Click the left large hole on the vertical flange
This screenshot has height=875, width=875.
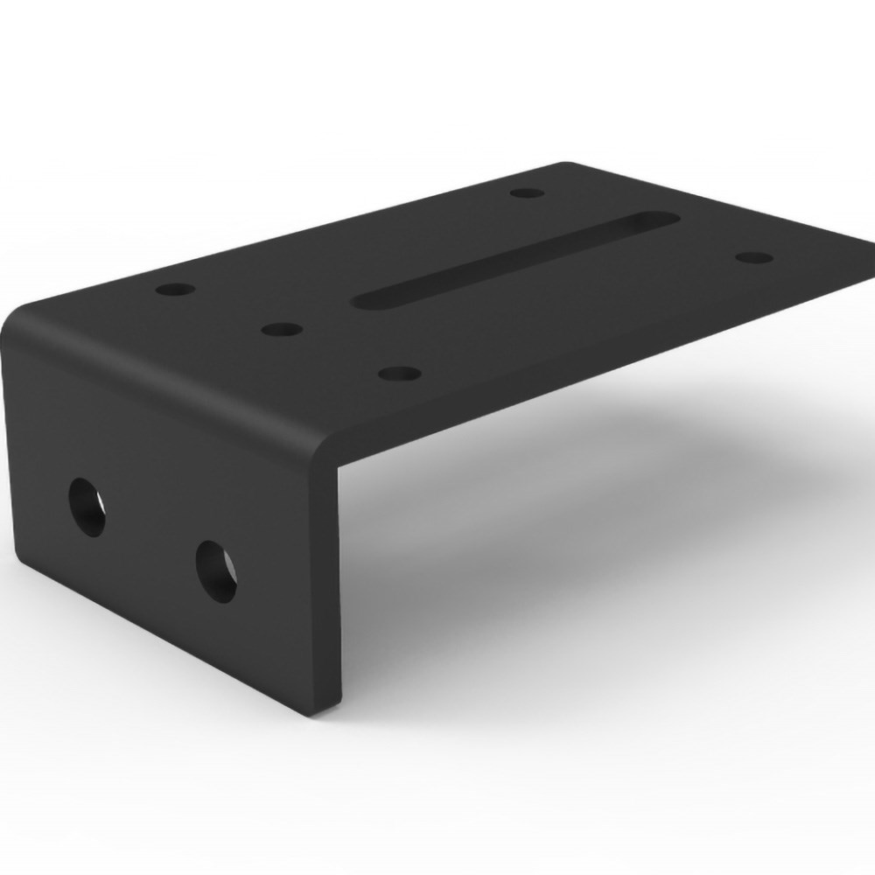pos(87,507)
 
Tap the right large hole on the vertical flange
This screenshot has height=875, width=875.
pos(215,571)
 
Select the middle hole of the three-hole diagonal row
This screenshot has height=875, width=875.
pos(281,330)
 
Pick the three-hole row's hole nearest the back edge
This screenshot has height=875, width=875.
pos(176,287)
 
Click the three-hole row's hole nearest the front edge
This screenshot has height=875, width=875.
pos(400,374)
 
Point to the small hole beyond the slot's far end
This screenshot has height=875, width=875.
pos(527,192)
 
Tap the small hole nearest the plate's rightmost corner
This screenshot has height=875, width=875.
pos(755,257)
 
